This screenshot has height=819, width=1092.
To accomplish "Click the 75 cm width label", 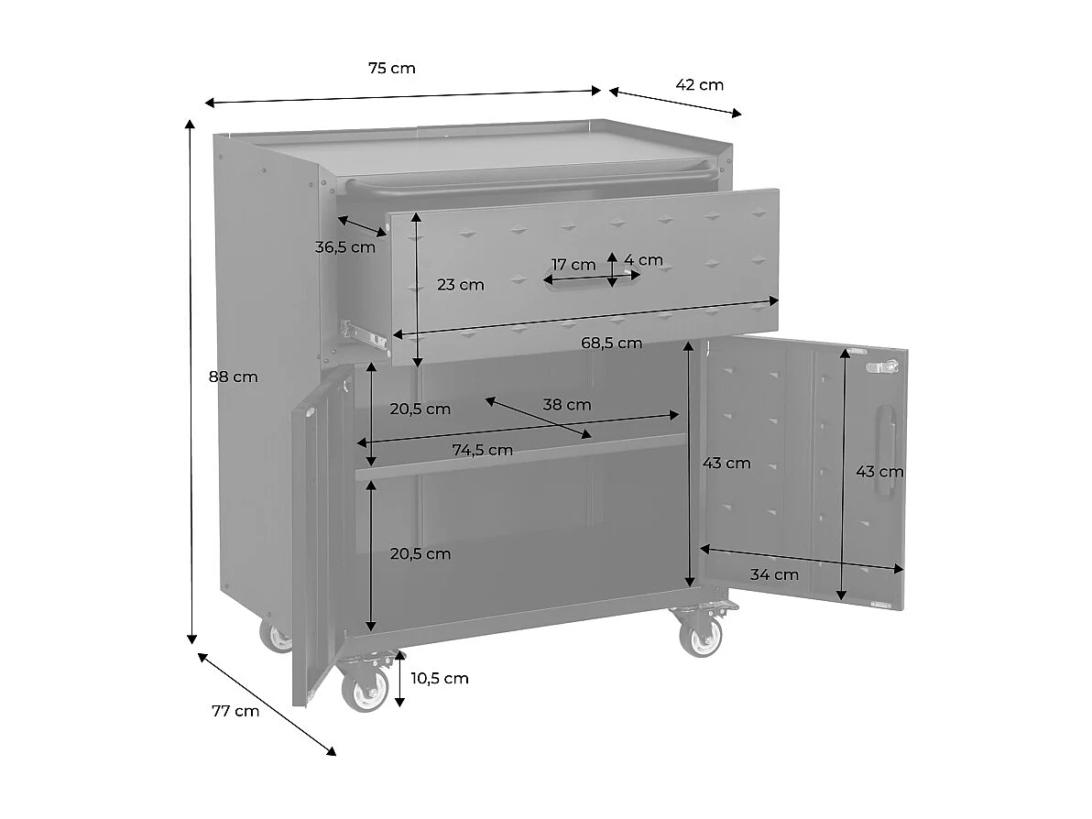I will (x=391, y=68).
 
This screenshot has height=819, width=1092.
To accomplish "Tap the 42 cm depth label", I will (x=699, y=85).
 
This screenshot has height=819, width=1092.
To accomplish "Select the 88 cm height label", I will (x=234, y=377).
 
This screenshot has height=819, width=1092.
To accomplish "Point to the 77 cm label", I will (x=235, y=711).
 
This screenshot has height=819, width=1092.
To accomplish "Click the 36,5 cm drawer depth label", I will (x=345, y=246).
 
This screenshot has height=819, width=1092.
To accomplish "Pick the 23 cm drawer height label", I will (x=460, y=284).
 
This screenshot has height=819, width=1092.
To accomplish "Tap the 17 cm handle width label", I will (x=573, y=265).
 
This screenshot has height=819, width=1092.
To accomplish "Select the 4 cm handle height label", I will (x=643, y=260).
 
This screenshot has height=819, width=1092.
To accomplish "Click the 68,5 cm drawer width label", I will (x=611, y=344).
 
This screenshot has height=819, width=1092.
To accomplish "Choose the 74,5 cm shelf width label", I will (x=482, y=450).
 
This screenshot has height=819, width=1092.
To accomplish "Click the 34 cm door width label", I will (x=774, y=575).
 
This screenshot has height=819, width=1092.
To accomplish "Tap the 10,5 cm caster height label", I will (x=440, y=678).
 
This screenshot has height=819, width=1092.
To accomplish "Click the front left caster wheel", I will (x=365, y=689).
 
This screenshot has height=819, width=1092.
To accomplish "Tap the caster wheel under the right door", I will (x=701, y=635).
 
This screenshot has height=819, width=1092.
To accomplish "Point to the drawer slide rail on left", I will (x=363, y=333).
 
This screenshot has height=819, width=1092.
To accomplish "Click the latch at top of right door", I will (x=882, y=366).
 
